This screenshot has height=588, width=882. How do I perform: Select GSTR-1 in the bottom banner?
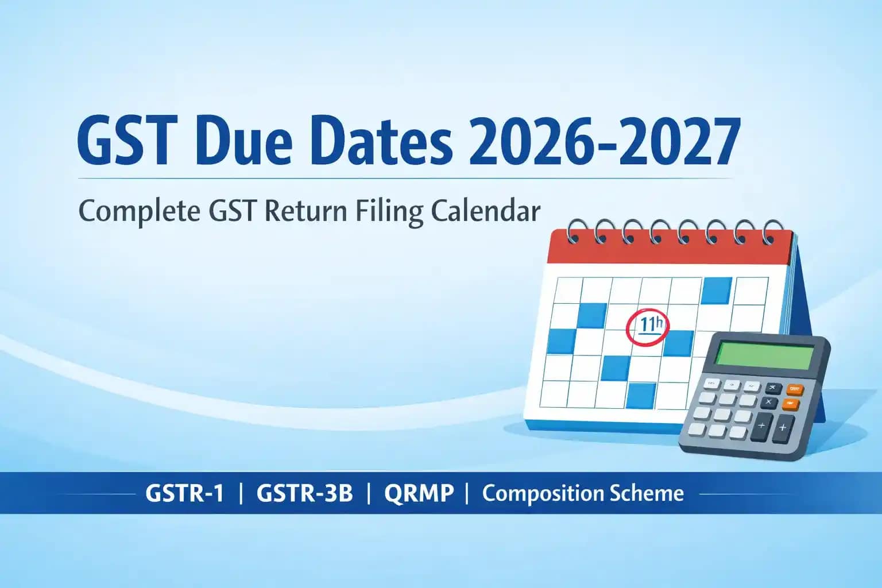point(184,493)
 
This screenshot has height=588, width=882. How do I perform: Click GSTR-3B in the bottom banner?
point(304,493)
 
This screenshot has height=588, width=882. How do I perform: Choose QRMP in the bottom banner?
point(419,493)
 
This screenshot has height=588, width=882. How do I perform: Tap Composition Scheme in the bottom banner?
point(583,493)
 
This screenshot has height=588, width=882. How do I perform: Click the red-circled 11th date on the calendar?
point(647,327)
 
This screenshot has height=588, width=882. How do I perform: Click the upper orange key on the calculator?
point(795,389)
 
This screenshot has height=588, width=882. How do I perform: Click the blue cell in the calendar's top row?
point(717,291)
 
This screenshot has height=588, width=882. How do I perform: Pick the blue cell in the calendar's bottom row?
point(641,396)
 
